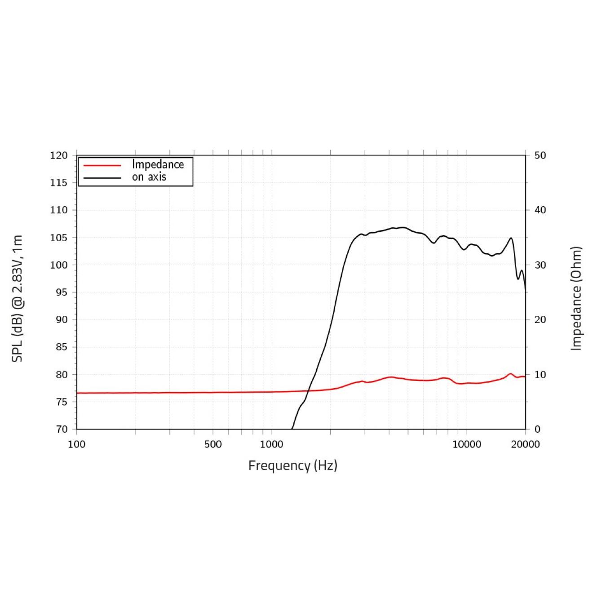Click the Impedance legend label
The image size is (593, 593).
[x=158, y=165]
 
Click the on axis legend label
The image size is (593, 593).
[x=149, y=177]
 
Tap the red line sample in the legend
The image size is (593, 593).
[x=102, y=165]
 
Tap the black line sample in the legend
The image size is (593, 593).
[x=102, y=178]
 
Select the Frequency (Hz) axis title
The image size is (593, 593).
[x=292, y=465]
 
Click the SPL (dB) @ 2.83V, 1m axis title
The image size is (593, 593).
[x=17, y=298]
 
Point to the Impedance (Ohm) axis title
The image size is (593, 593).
[x=576, y=298]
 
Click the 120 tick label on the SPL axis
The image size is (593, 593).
[x=59, y=155]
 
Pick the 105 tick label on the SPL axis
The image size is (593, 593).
[x=59, y=238]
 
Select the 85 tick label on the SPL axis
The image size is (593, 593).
[x=62, y=347]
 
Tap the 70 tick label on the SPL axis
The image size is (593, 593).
[x=62, y=429]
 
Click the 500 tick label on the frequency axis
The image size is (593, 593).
[x=213, y=444]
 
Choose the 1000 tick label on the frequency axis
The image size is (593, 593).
[x=271, y=444]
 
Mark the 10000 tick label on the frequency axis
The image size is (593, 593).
[x=466, y=444]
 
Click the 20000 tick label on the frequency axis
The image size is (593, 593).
[x=525, y=444]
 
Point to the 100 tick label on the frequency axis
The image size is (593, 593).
[x=76, y=444]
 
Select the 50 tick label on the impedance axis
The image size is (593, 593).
[x=540, y=155]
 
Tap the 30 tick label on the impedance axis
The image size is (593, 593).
[x=540, y=265]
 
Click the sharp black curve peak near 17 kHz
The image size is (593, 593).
[x=511, y=238]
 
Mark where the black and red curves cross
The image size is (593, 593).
[x=309, y=391]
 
